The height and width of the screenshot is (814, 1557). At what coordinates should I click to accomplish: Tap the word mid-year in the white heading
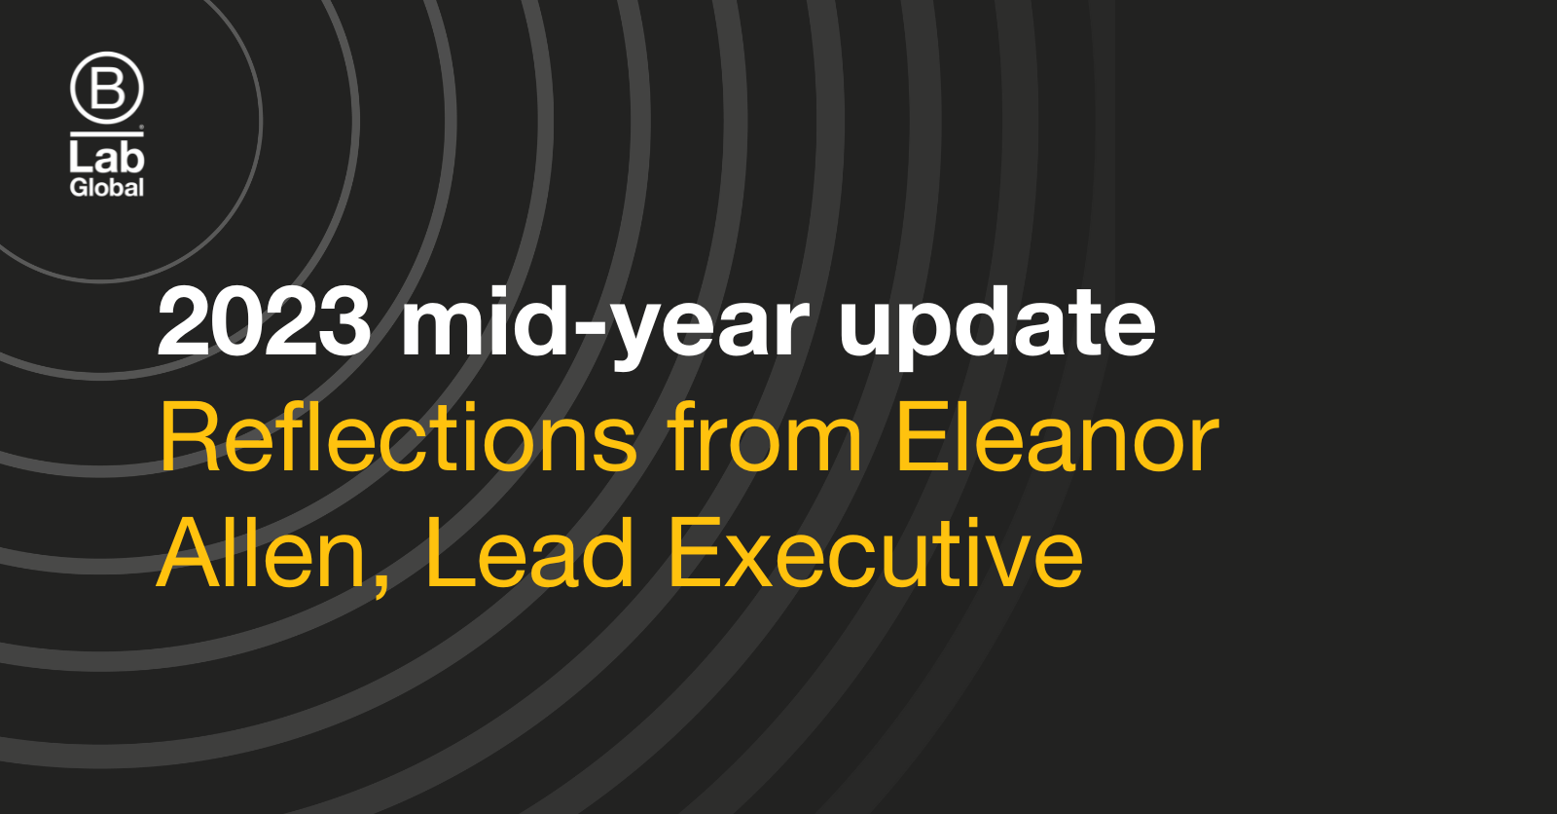coord(605,326)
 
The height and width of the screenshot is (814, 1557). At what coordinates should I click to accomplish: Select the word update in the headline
coord(997,326)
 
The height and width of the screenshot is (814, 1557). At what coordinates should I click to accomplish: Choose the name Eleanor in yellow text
coord(1057,437)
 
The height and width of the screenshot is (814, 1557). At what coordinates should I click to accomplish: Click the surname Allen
coord(262,554)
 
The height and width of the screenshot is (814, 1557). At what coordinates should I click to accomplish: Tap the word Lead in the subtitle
coord(529,554)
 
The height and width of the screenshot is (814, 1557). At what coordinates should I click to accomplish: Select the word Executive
coord(876,554)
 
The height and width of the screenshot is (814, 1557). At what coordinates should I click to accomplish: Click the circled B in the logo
coord(107,89)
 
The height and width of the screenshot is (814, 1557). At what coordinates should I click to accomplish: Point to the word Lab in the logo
coord(106,156)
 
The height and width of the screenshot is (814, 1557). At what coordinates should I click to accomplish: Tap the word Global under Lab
coord(106,188)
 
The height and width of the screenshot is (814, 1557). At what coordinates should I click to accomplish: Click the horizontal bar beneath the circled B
coord(106,132)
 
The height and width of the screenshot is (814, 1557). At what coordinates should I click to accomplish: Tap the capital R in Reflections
coord(190,437)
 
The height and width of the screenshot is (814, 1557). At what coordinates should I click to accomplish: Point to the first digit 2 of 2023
coord(184,322)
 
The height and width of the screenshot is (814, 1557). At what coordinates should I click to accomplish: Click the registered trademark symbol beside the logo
coord(142,127)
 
